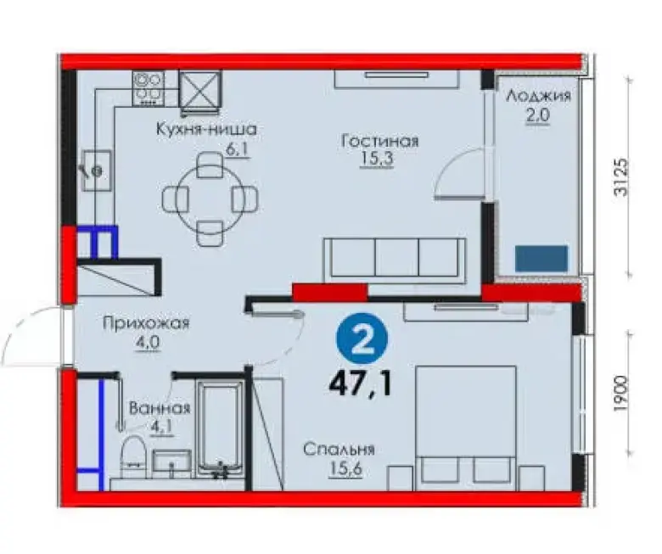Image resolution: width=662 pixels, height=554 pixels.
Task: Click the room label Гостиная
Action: click(x=379, y=141)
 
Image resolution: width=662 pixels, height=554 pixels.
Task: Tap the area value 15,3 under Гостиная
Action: click(x=377, y=159)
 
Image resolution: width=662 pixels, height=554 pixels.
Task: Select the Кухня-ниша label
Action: click(x=206, y=129)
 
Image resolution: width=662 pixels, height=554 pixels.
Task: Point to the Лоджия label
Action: click(x=538, y=96)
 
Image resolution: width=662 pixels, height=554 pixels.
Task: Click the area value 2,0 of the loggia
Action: click(x=538, y=115)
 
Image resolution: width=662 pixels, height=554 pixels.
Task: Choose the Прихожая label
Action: click(x=146, y=323)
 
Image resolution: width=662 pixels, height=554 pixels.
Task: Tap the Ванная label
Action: click(x=160, y=408)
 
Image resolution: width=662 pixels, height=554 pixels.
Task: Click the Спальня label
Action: click(x=339, y=450)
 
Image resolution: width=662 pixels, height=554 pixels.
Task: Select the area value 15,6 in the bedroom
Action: click(x=345, y=468)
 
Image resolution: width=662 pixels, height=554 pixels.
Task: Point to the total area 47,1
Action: click(x=361, y=383)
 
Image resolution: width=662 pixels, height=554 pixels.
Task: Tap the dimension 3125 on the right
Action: click(x=621, y=176)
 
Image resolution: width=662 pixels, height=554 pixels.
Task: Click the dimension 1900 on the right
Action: click(x=621, y=395)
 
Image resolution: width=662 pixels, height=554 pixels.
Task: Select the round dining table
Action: click(x=210, y=199)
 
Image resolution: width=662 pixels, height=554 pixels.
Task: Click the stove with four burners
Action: click(x=149, y=88)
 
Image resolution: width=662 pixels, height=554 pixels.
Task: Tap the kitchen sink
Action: click(x=97, y=171)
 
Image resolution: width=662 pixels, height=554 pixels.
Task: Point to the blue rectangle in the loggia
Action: click(x=541, y=258)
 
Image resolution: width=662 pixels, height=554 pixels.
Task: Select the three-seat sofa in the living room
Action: click(x=395, y=260)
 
